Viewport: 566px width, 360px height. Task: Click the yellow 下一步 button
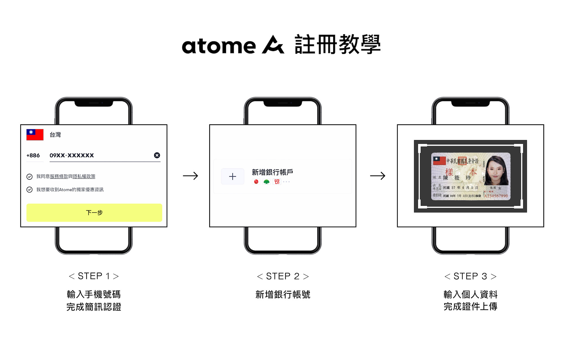pos(94,212)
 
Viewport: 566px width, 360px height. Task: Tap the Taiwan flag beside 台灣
pos(35,135)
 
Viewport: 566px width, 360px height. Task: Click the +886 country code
pos(33,155)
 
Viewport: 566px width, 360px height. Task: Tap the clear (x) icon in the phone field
pos(157,155)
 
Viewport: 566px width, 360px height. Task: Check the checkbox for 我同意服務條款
pos(29,177)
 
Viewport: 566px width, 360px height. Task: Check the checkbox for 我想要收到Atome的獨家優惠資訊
pos(29,190)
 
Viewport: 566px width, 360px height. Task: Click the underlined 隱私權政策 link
pos(84,177)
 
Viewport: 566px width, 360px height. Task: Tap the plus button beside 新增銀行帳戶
pos(233,176)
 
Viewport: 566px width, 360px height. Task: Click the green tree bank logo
pos(266,182)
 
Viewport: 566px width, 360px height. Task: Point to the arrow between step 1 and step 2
pos(190,176)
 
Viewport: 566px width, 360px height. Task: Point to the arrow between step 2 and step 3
pos(378,176)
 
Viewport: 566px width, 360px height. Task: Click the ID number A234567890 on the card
pos(496,196)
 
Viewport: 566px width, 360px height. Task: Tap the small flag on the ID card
pos(439,161)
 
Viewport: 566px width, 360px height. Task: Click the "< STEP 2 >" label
pos(283,276)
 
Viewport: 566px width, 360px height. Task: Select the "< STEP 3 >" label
pos(470,276)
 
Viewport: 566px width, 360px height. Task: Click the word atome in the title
pos(219,46)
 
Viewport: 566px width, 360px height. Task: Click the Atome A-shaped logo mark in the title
pos(273,45)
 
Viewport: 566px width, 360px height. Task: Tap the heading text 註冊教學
pos(338,44)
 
